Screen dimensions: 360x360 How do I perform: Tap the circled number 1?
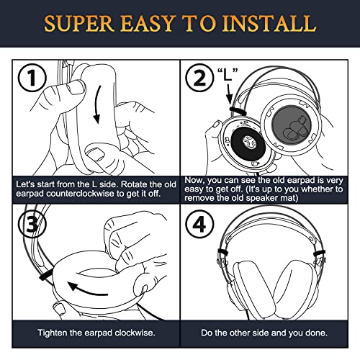point(32,78)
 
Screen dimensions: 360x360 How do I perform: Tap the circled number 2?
point(199,78)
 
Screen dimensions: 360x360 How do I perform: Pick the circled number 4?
point(199,224)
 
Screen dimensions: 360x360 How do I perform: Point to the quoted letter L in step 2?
point(228,74)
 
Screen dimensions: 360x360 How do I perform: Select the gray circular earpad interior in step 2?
point(292,125)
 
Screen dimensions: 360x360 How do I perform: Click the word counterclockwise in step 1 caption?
point(81,194)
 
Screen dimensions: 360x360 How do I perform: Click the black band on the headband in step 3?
point(45,274)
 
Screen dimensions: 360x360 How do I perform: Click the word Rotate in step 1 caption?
point(134,184)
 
